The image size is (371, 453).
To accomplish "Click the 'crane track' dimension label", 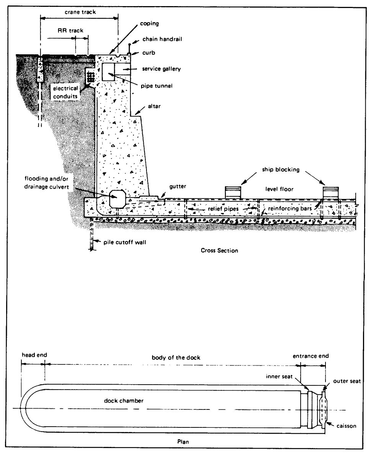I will pos(80,12).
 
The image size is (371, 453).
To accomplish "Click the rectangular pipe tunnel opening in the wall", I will pos(108,71).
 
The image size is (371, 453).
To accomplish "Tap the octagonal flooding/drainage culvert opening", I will pos(118,199).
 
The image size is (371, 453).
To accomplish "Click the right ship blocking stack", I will pos(331,191).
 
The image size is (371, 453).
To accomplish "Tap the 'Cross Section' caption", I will pos(219,251).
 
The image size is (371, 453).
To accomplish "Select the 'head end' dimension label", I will pos(34,355).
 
